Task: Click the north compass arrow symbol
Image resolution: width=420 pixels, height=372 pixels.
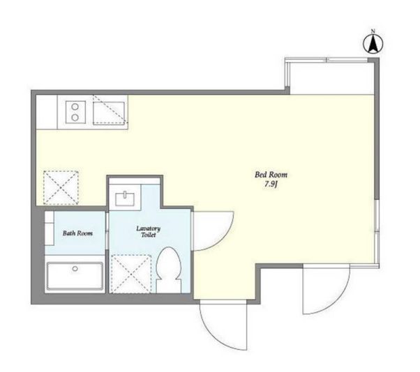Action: coord(373,44)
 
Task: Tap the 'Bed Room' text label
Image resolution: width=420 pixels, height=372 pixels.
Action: coord(271,175)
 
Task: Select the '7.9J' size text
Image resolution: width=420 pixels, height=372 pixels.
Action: coord(271,185)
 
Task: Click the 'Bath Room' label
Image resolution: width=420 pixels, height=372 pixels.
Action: coord(77,233)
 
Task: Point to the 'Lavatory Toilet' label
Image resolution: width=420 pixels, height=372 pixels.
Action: coord(149,231)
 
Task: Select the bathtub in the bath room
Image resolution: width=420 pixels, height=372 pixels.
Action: coord(75,276)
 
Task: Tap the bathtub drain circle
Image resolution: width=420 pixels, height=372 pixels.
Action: coord(75,268)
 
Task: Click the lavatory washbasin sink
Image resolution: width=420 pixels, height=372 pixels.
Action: coord(125,199)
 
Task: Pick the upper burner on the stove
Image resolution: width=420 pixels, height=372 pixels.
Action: coord(75,107)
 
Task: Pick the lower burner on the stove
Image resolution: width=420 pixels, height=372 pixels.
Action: coord(75,117)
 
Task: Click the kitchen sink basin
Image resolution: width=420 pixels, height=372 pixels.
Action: coord(109,114)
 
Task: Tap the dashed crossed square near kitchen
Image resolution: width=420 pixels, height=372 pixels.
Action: coord(61,187)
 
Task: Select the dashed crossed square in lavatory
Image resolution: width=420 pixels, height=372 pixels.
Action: coord(131,274)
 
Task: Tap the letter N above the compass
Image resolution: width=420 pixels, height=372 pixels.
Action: coord(373,31)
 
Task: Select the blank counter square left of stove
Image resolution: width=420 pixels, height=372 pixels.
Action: coord(47,112)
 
